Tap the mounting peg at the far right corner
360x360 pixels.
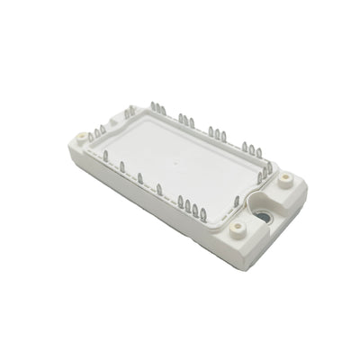click(x=286, y=179)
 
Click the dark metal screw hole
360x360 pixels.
click(x=268, y=217)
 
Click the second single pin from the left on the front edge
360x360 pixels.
click(x=122, y=167)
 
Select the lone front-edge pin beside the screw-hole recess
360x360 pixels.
click(x=236, y=202)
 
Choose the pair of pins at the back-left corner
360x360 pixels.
click(x=130, y=112)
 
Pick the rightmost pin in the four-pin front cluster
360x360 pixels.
click(x=203, y=213)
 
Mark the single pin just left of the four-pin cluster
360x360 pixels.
click(x=159, y=189)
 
